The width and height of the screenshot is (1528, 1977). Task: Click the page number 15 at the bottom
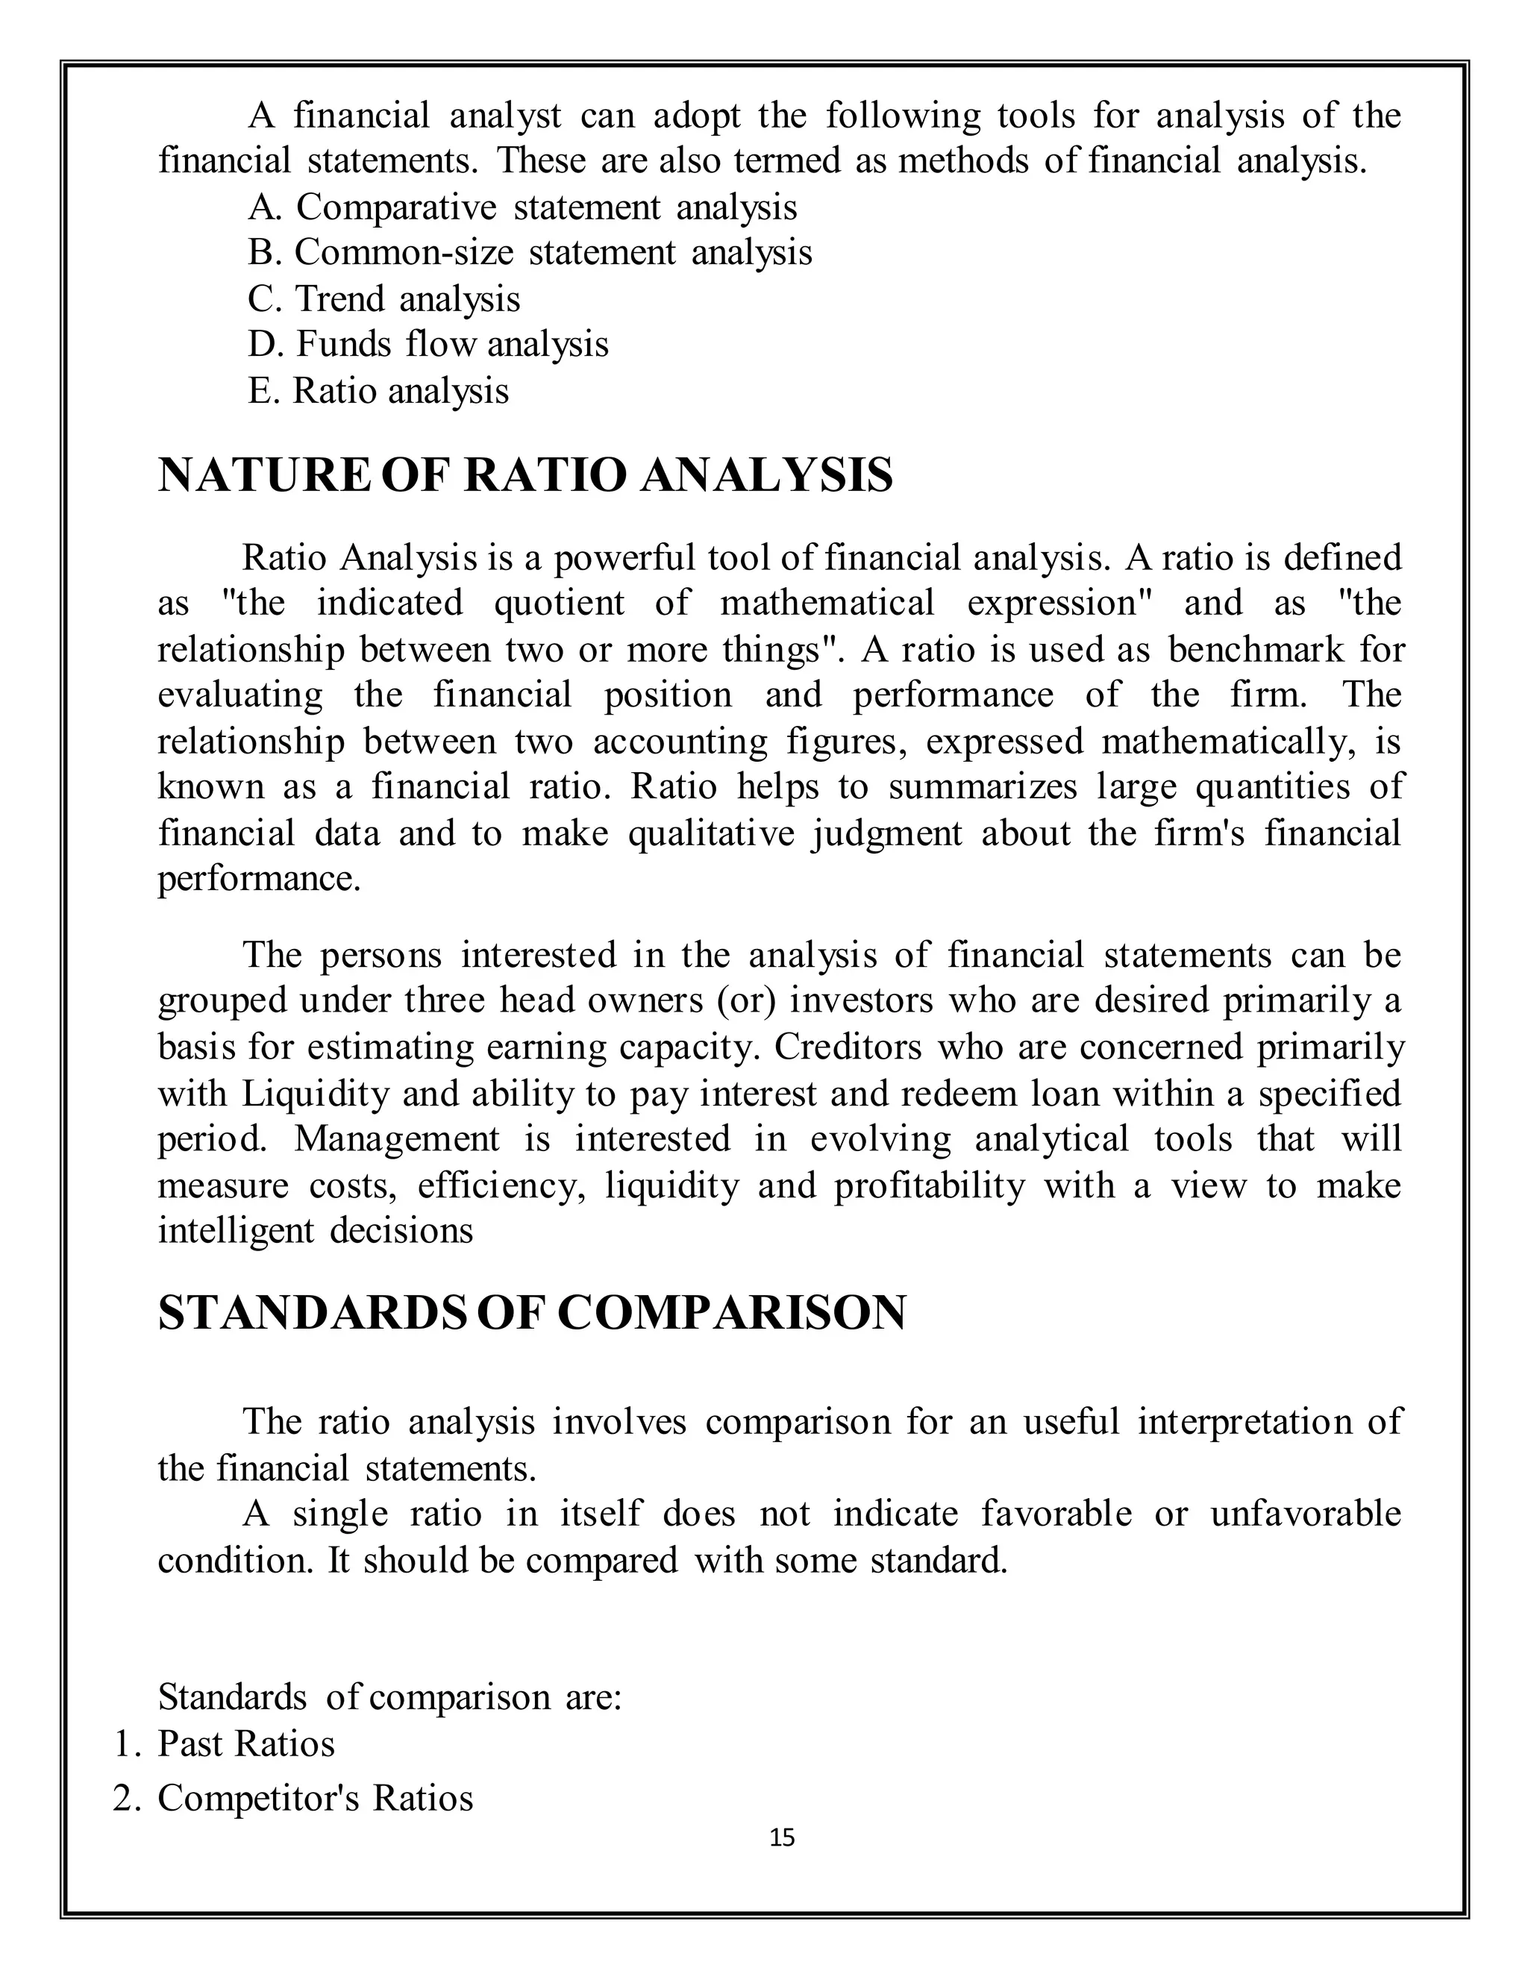(781, 1837)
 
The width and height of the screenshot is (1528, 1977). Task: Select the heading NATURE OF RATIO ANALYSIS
(525, 476)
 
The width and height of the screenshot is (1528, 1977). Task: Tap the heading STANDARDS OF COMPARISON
(531, 1312)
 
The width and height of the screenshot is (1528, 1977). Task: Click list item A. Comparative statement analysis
(522, 207)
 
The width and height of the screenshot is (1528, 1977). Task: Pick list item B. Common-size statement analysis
(530, 253)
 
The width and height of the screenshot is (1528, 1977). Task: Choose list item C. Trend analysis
(383, 298)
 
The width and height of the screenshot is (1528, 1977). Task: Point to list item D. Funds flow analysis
(428, 344)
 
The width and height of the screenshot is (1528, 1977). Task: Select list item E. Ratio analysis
(378, 391)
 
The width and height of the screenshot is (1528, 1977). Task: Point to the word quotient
(559, 604)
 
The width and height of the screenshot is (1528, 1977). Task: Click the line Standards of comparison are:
(389, 1696)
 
